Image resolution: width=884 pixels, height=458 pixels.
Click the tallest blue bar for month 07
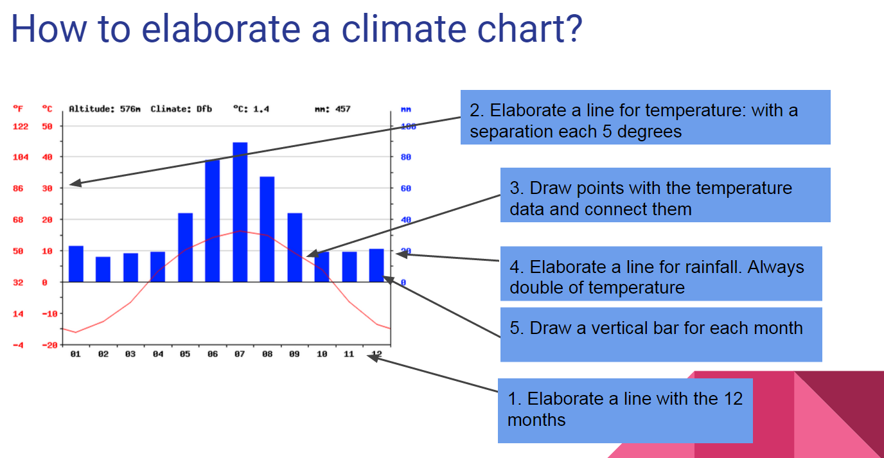tap(240, 212)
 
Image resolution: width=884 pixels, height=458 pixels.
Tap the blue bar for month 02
tap(103, 269)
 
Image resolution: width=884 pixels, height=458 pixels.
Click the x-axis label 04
tap(158, 354)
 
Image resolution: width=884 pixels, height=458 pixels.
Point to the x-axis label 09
tap(294, 354)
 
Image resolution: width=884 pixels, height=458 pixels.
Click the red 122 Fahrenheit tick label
tap(21, 127)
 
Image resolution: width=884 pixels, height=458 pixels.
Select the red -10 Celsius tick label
tap(49, 313)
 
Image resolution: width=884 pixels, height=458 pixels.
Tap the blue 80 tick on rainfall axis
tap(406, 157)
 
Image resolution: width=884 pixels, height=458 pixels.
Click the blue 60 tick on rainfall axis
tap(406, 189)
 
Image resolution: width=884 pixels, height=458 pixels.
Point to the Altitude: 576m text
tap(104, 109)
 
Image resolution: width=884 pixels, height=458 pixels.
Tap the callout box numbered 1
tap(624, 409)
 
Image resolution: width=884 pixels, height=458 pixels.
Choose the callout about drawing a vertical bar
tap(660, 334)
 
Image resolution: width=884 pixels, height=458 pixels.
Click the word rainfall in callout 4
tap(709, 267)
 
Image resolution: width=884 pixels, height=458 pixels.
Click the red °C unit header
tap(47, 109)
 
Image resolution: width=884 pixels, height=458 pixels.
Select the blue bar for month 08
tap(267, 229)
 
